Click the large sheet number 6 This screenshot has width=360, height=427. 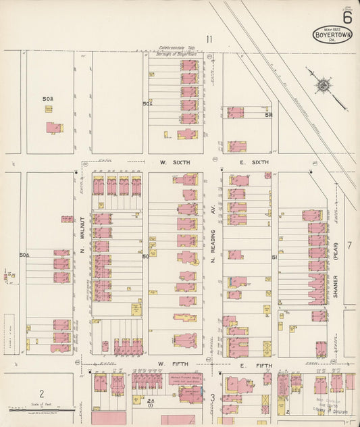tap(346, 14)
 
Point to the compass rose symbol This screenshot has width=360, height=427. tap(324, 85)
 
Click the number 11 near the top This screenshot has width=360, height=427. tap(209, 39)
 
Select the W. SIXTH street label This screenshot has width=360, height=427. tap(175, 163)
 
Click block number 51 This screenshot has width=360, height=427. tap(274, 257)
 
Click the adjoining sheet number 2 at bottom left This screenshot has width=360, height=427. tap(41, 393)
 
